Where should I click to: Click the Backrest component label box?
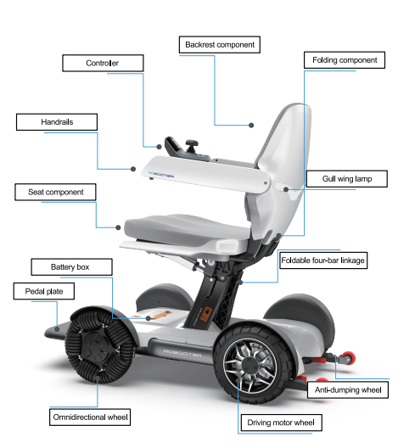[220, 45]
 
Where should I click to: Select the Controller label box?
[103, 63]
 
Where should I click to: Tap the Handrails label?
[57, 122]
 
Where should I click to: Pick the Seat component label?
[55, 192]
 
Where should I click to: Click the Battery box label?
[71, 267]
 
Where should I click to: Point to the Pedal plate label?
[44, 291]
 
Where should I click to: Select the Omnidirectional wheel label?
[90, 417]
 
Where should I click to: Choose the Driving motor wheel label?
[281, 423]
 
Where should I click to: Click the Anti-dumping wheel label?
[348, 389]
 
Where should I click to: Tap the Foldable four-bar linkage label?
[323, 260]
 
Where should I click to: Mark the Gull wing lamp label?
[347, 179]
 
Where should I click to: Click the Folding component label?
[345, 60]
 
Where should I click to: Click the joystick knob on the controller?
[192, 143]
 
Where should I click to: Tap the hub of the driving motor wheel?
[250, 366]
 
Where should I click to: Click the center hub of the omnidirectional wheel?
[96, 345]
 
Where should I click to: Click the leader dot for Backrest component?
[251, 125]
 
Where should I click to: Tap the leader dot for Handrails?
[133, 169]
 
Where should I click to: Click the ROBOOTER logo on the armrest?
[161, 175]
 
